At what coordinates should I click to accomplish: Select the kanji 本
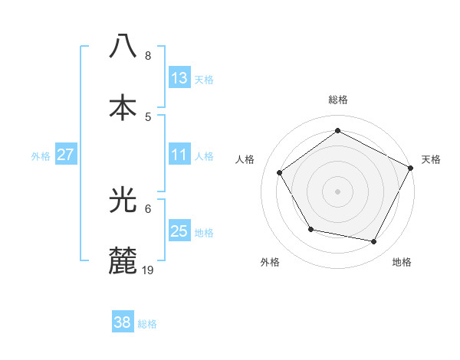[x=123, y=107]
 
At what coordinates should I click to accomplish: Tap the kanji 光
[x=123, y=201]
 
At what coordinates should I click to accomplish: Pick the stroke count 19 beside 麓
[x=149, y=270]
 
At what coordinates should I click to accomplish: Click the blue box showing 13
[x=179, y=78]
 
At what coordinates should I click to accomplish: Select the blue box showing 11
[x=179, y=155]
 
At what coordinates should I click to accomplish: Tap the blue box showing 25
[x=179, y=231]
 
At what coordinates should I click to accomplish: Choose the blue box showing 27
[x=65, y=155]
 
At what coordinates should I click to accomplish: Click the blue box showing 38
[x=122, y=323]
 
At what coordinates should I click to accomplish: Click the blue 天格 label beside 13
[x=204, y=80]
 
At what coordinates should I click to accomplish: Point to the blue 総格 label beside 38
[x=147, y=324]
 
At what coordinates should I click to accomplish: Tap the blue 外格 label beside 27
[x=41, y=156]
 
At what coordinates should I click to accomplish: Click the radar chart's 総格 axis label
[x=338, y=100]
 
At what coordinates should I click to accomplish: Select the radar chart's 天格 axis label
[x=431, y=159]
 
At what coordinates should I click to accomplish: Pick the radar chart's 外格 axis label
[x=270, y=262]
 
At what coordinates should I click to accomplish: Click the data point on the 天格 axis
[x=411, y=167]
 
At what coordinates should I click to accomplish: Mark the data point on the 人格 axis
[x=280, y=172]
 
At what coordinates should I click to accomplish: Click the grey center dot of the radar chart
[x=337, y=191]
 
